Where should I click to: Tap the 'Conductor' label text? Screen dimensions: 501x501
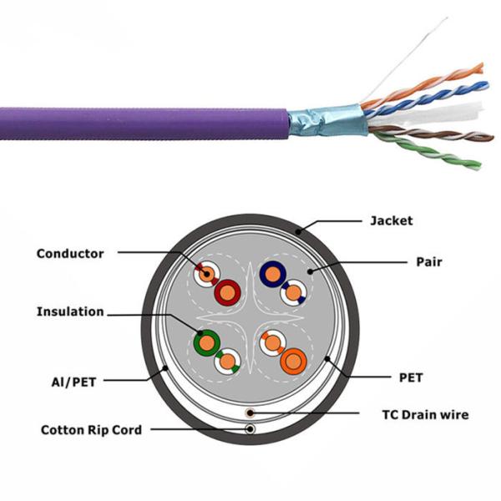click(70, 253)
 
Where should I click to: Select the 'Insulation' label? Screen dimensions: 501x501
click(70, 311)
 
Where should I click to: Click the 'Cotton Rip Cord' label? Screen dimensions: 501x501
click(91, 430)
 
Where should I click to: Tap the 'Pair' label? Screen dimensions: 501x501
click(429, 261)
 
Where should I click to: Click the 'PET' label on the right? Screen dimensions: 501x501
click(410, 377)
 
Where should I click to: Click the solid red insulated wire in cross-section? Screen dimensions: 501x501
click(227, 291)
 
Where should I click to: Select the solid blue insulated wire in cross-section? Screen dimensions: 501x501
click(271, 273)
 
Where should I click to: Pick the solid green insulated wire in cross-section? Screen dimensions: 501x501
click(205, 342)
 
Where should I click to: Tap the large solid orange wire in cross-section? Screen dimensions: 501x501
click(295, 360)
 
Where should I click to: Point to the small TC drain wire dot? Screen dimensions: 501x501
click(249, 413)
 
